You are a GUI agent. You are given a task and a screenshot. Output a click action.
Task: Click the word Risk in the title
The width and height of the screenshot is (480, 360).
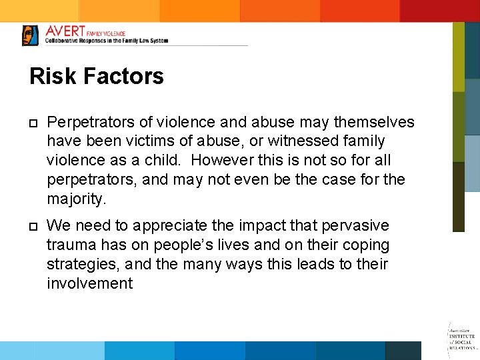pos(53,76)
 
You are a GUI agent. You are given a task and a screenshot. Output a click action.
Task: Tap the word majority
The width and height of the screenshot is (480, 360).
pos(75,199)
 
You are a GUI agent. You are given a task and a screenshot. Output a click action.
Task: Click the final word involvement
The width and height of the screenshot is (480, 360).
pos(89,283)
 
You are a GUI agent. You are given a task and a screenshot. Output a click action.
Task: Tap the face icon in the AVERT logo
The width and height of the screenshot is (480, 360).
pos(30,35)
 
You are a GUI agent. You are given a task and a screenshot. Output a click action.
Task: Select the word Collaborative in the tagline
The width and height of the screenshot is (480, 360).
pos(65,41)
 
